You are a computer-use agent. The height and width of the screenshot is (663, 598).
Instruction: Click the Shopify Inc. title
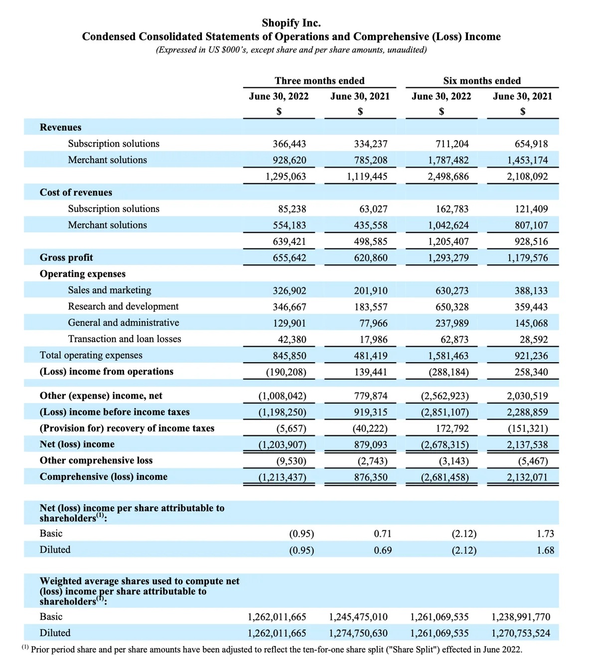291,23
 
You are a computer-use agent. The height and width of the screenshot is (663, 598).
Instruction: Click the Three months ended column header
319,81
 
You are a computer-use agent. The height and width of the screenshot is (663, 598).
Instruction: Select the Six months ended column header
482,81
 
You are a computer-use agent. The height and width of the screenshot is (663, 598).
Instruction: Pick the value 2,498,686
448,177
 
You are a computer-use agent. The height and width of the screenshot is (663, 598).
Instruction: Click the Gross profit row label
66,258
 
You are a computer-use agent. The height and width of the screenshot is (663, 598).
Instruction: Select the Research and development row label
123,307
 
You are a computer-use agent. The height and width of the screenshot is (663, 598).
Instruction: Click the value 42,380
292,340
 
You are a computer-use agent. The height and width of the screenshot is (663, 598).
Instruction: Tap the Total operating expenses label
91,356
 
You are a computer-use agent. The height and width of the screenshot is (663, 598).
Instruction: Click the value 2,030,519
527,396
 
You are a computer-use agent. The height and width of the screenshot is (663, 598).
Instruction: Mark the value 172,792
452,429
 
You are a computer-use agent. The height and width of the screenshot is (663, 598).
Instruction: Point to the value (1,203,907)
282,444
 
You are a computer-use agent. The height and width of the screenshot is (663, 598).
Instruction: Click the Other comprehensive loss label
96,460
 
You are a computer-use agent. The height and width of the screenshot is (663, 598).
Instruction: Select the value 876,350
371,477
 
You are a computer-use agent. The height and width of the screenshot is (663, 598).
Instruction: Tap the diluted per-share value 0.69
383,551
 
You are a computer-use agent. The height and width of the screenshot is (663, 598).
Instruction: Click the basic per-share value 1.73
545,534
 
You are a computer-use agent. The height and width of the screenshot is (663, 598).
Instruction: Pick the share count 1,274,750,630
358,634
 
